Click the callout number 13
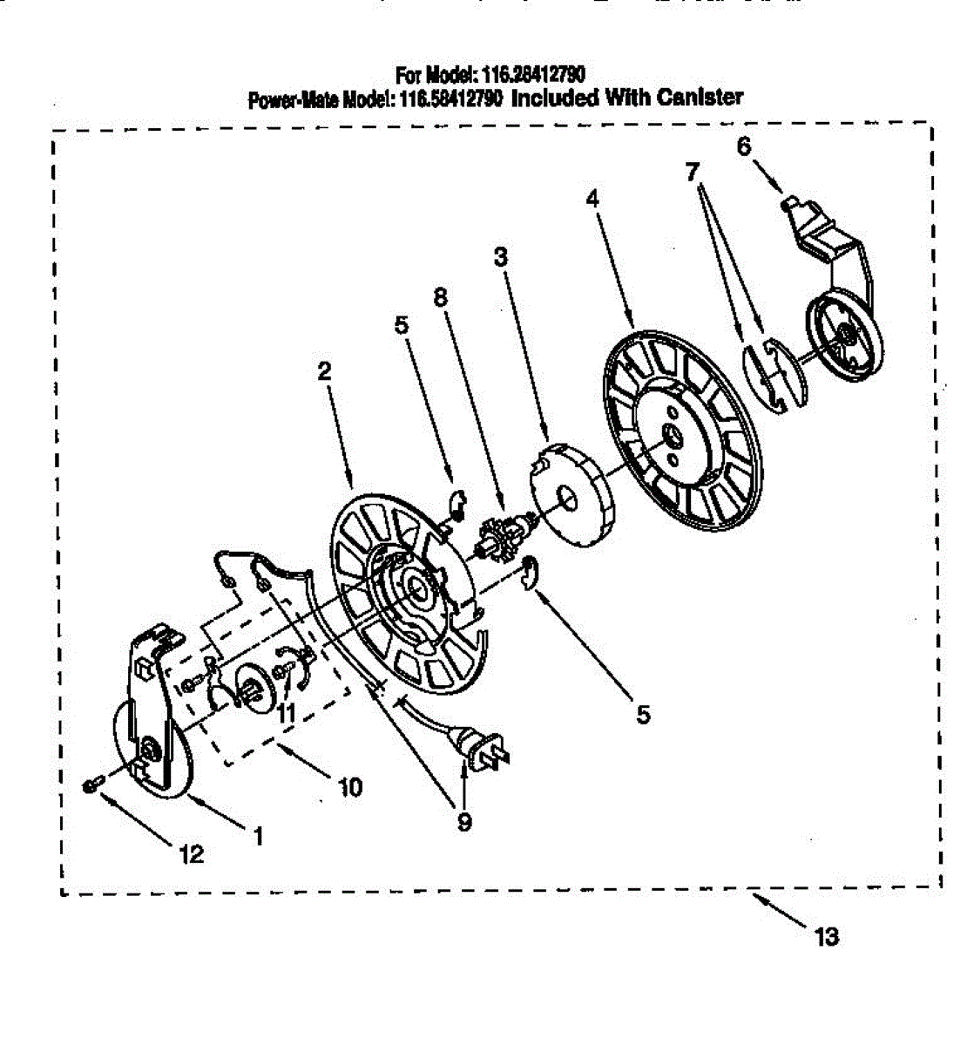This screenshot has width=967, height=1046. [x=825, y=937]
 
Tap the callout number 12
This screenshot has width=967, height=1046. [x=190, y=854]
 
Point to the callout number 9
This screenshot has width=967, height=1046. [x=463, y=821]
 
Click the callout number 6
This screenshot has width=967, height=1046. [x=743, y=146]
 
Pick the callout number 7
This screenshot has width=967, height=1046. [x=692, y=172]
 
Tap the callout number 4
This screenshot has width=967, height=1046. [x=592, y=199]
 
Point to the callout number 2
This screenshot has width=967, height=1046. [x=324, y=371]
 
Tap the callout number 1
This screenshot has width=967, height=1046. [x=257, y=836]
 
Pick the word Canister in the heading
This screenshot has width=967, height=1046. [x=700, y=97]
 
